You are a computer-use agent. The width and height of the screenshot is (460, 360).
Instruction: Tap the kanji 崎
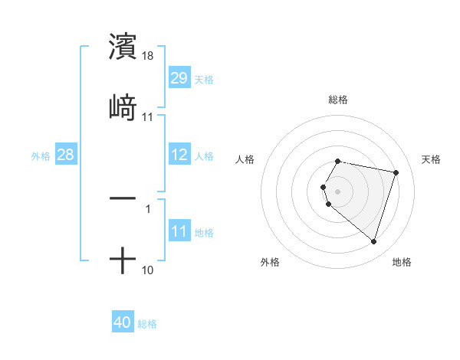[123, 108]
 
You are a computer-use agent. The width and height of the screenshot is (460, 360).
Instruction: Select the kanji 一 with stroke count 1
[123, 198]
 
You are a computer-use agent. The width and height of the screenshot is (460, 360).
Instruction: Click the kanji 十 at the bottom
[123, 261]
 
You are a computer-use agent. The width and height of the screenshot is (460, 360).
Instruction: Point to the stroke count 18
[149, 56]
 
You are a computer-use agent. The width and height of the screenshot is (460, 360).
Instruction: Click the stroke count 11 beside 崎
[148, 118]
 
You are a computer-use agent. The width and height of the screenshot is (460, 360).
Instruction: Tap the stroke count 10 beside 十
[148, 271]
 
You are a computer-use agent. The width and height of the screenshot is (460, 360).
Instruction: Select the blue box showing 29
[179, 78]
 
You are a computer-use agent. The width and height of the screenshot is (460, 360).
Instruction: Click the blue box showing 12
[179, 155]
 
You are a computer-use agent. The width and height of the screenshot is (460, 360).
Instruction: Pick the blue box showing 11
[179, 231]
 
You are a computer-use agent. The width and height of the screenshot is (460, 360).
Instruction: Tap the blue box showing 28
[65, 155]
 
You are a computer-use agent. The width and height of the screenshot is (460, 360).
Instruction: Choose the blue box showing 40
[122, 322]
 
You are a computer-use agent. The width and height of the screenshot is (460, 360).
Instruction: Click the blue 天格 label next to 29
[204, 79]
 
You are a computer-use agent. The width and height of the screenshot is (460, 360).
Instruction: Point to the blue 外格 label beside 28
[41, 155]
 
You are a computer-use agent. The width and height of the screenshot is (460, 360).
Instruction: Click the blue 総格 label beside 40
[147, 323]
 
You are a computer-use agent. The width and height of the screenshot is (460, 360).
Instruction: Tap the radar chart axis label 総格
[337, 100]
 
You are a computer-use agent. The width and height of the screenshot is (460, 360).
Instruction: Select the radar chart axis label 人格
[245, 159]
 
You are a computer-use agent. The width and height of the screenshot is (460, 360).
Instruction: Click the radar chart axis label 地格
[402, 262]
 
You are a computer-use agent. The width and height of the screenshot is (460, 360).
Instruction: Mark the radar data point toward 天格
[396, 172]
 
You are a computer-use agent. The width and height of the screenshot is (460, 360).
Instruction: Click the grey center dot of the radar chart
[337, 191]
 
